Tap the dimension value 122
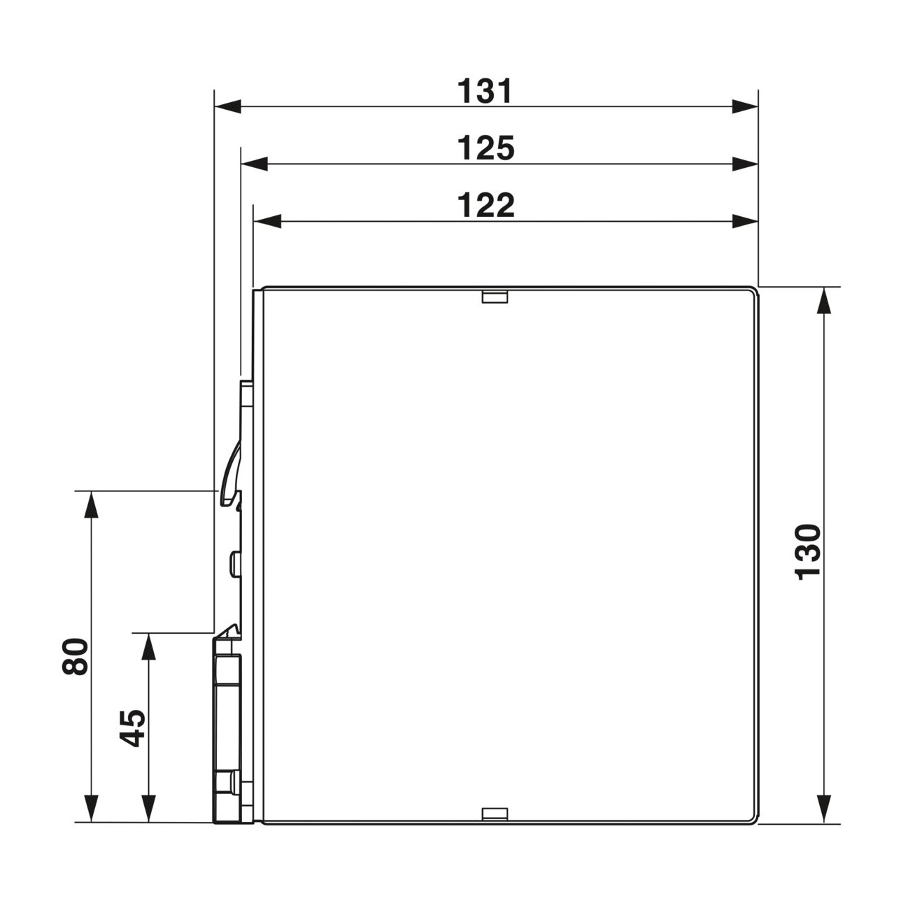tap(485, 205)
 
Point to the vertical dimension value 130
tap(808, 552)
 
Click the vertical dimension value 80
tap(75, 656)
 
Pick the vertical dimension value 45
tap(132, 728)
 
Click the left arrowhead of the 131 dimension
tap(228, 106)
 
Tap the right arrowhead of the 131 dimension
tap(745, 106)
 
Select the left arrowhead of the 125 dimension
tap(254, 164)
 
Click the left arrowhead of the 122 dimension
tap(267, 221)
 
